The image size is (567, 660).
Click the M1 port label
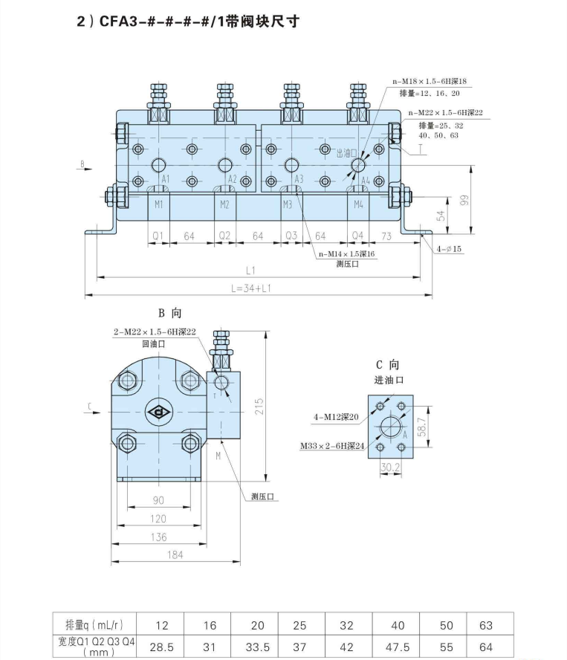coord(159,204)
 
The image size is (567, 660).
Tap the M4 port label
coord(358,204)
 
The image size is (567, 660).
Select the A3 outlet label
coord(299,179)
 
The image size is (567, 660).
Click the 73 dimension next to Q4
coord(386,236)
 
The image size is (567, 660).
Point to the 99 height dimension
coord(464,199)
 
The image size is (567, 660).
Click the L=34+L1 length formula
coord(251,288)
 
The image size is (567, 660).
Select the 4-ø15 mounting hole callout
coord(449,249)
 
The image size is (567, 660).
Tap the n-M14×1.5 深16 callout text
coord(346,253)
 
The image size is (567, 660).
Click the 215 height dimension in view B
coord(259,407)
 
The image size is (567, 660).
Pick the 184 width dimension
coord(175,554)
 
